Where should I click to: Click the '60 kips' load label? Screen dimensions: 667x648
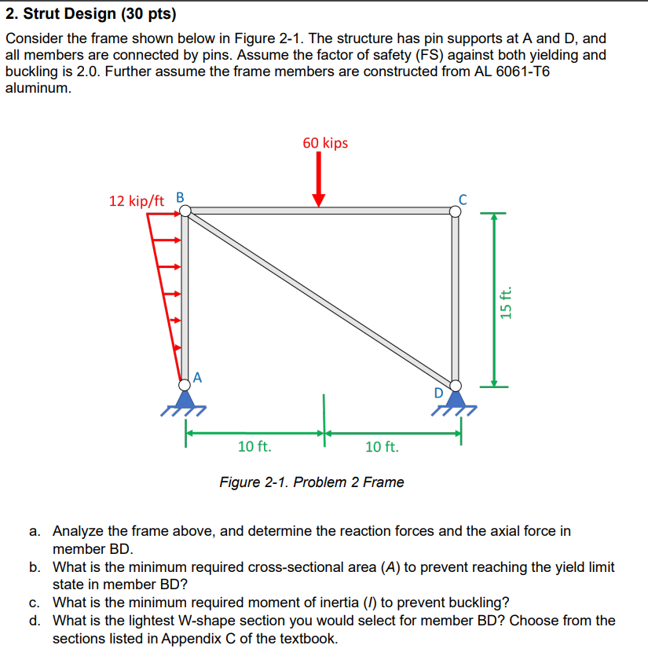click(x=325, y=143)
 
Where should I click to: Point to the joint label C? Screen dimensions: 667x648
click(x=463, y=199)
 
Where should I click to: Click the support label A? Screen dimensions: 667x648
click(x=197, y=376)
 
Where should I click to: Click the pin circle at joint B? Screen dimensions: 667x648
click(x=185, y=210)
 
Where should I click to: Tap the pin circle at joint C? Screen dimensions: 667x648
click(x=456, y=211)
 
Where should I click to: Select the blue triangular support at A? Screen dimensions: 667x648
click(x=184, y=398)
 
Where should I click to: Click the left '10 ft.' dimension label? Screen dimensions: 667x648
click(x=254, y=447)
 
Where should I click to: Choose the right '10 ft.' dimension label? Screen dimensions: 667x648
click(x=383, y=447)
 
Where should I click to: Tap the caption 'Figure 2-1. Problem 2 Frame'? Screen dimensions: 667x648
click(x=311, y=482)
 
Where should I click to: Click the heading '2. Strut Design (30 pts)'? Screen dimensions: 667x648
click(x=91, y=14)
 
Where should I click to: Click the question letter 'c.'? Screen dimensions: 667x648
click(x=35, y=603)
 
